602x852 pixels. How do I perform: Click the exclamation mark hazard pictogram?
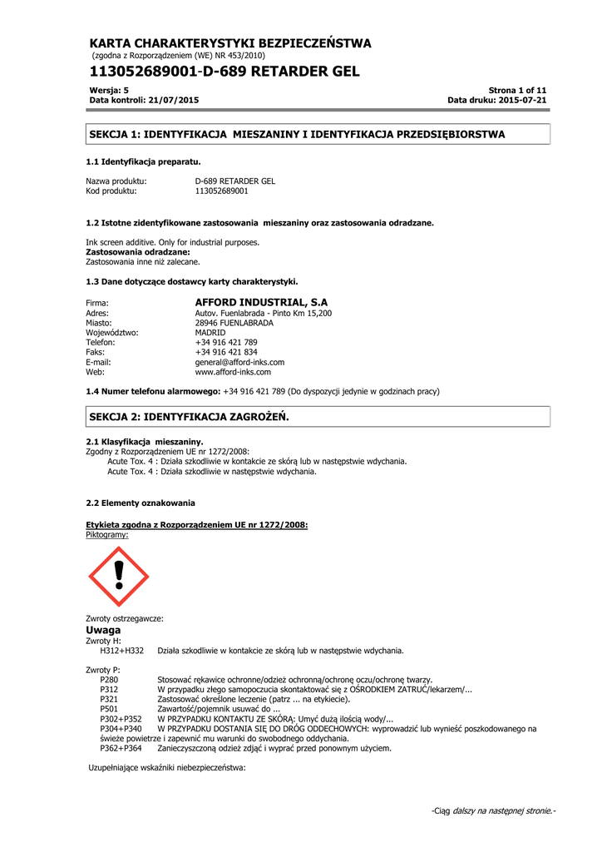pos(119,576)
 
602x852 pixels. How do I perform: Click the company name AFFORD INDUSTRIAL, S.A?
pos(261,301)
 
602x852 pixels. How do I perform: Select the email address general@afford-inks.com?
pos(239,362)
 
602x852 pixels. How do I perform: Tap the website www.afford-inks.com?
pos(233,372)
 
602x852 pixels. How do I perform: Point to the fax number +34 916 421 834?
pos(226,352)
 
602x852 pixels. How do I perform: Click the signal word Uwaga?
pos(103,630)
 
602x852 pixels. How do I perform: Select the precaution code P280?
pos(109,680)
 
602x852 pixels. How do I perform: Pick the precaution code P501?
pos(109,709)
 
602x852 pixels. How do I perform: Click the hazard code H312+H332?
pos(121,651)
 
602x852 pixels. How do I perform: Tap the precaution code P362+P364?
pos(121,748)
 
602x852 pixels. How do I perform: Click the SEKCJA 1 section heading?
pos(297,133)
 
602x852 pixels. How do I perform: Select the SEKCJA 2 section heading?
pos(189,415)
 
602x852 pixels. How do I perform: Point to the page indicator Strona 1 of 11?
pos(517,90)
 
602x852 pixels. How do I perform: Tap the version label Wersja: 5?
pos(107,90)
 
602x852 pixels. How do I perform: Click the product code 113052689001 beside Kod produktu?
pos(221,191)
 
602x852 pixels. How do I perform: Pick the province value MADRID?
pos(210,332)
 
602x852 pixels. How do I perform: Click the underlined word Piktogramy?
pos(107,535)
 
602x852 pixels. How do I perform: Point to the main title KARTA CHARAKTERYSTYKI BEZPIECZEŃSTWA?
pos(230,43)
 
